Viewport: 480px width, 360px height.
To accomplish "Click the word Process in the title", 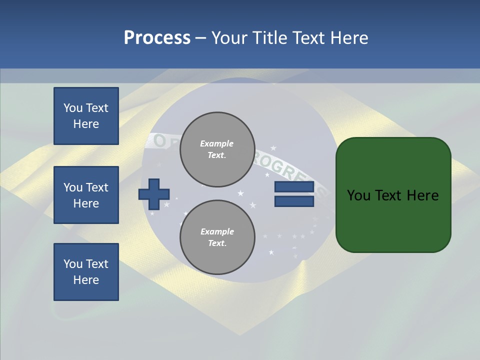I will coord(157,38).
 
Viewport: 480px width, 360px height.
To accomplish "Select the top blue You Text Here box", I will coord(86,116).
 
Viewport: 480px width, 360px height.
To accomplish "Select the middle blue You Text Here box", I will coord(86,195).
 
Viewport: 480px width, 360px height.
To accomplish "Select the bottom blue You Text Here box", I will coord(86,272).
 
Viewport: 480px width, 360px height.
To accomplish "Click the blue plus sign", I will coord(154,194).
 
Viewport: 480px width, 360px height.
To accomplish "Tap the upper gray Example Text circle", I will coord(217,149).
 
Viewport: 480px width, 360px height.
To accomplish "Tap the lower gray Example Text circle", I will coord(217,237).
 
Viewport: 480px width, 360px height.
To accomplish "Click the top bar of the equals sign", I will coord(294,187).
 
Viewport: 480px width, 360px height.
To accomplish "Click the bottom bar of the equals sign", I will coord(294,201).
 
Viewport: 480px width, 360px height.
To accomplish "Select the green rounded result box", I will coord(393,195).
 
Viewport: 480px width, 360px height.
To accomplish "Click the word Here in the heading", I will coord(349,38).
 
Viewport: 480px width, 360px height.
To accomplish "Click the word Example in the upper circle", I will coord(217,143).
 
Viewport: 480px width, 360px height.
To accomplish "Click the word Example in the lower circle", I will coord(217,231).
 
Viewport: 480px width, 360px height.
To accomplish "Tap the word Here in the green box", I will coord(422,195).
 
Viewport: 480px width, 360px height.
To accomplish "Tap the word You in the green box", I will coord(358,195).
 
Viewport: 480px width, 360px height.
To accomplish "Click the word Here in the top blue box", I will coord(86,124).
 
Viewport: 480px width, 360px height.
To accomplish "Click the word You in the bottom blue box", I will coord(73,264).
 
